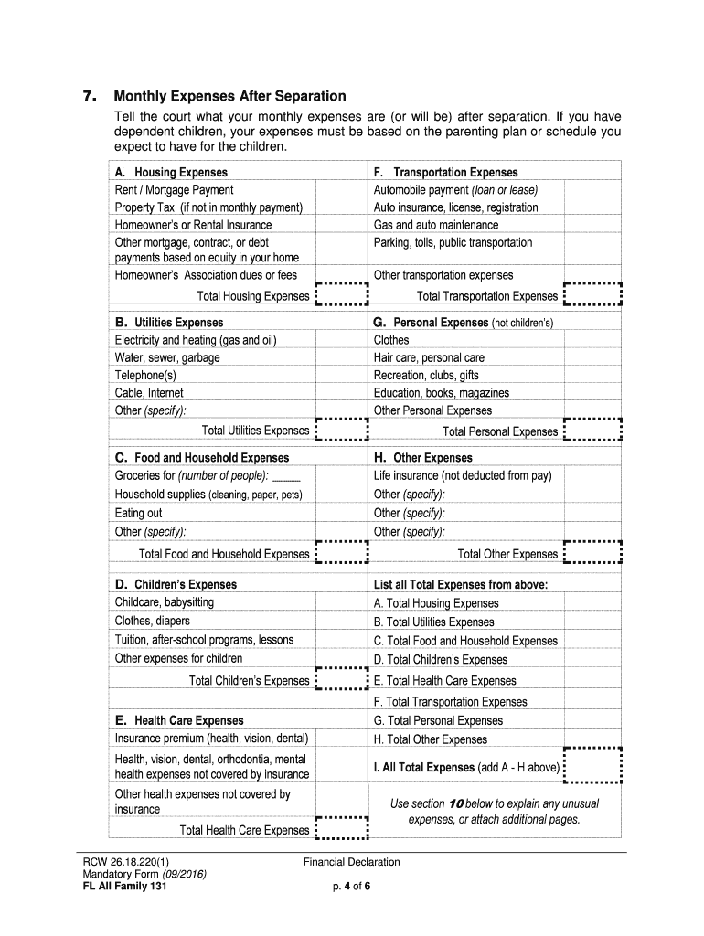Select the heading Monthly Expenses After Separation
tap(229, 97)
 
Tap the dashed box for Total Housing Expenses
tap(340, 295)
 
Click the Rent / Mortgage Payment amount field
tap(340, 190)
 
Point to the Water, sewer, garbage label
tap(167, 357)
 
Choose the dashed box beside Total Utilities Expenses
tap(340, 431)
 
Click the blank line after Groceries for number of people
tap(286, 477)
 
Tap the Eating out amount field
tap(340, 514)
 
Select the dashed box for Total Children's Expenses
tap(340, 680)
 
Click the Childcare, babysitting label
tap(165, 602)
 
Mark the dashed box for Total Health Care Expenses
tap(340, 829)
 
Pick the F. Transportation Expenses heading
tap(445, 173)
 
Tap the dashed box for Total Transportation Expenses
tap(592, 295)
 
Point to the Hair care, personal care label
tap(429, 357)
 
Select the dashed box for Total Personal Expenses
tap(592, 431)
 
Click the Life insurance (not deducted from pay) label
tap(463, 476)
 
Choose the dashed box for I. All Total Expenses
tap(592, 766)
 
